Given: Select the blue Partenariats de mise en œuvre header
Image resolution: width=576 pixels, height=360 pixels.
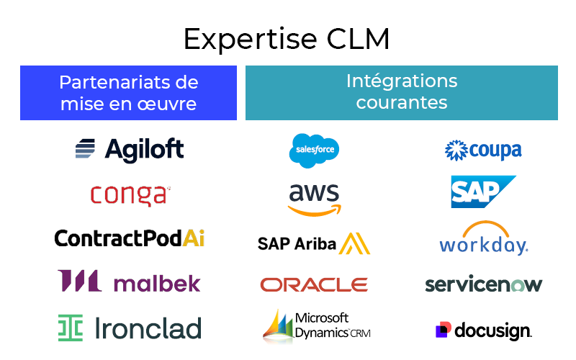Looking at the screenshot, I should coord(128,93).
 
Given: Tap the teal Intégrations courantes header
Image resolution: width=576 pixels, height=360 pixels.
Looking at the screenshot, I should coord(401,93).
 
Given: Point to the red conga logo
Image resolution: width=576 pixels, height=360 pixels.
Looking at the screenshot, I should coord(130,194).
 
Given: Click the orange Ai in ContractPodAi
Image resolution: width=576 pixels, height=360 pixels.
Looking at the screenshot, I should coord(194,238).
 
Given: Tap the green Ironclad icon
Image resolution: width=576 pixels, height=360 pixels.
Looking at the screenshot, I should coord(71,328).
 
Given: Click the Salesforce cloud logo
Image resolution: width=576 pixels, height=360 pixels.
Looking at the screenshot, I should coord(314,150).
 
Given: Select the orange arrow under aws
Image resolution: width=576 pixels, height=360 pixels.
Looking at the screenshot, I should coord(315,210).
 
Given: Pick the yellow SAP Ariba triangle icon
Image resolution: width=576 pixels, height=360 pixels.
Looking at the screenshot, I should coord(355,243).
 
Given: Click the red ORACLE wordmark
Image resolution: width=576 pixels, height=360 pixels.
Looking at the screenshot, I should coord(314,285).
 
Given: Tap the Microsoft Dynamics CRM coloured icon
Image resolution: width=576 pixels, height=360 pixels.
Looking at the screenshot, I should coord(279,325).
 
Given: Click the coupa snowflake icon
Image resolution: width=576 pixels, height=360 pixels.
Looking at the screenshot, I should coord(456,150).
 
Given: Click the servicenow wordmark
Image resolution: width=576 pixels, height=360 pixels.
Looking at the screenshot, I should coord(483,284).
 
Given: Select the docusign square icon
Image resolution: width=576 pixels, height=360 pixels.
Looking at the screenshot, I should coord(444,330).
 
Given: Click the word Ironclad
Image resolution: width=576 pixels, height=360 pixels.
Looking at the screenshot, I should coord(148,328).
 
